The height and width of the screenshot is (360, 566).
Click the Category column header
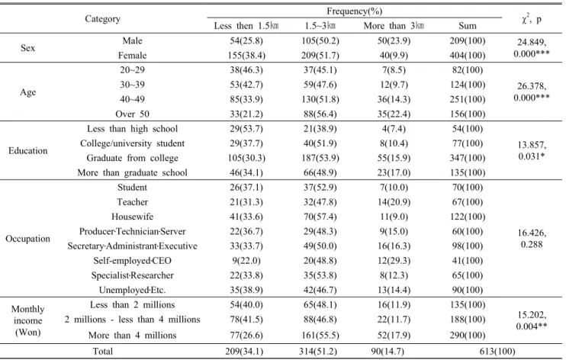click(102, 19)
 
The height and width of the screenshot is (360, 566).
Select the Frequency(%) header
click(354, 11)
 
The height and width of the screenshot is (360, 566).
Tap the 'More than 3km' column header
click(394, 26)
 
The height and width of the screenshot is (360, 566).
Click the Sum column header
click(468, 26)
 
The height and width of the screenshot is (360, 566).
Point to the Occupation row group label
click(27, 239)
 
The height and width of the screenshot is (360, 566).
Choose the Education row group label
click(27, 150)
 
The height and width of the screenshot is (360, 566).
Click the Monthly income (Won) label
click(27, 320)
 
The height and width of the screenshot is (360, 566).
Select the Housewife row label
click(132, 217)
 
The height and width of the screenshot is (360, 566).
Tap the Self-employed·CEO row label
click(132, 261)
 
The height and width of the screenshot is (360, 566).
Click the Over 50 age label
click(132, 114)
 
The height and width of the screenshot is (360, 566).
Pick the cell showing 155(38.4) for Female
click(246, 55)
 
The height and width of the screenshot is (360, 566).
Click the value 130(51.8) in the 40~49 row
click(320, 99)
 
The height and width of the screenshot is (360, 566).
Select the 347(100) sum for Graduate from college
click(468, 158)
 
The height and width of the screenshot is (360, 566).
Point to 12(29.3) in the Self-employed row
click(394, 261)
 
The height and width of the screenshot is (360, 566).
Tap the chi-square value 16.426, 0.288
click(532, 239)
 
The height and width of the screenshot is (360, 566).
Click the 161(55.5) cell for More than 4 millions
click(320, 336)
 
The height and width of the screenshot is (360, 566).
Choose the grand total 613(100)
click(497, 352)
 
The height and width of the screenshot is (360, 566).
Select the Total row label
click(103, 352)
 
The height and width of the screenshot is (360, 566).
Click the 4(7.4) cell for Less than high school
click(394, 129)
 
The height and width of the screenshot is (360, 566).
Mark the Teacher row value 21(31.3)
click(246, 202)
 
